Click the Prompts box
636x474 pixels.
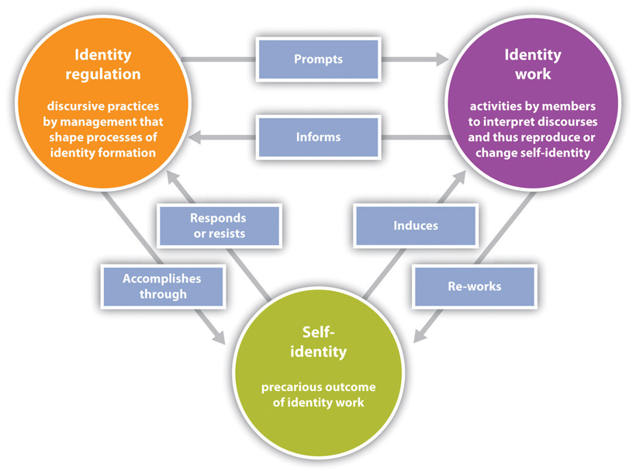[319, 59]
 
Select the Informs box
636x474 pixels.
[319, 137]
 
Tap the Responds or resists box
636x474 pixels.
[219, 226]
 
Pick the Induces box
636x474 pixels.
[416, 226]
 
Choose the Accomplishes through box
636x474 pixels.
[163, 286]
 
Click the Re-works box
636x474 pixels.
[475, 286]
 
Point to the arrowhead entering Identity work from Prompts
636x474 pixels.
[443, 59]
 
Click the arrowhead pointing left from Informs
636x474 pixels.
[195, 137]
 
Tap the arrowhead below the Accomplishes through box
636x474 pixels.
[219, 337]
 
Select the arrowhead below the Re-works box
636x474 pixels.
[420, 335]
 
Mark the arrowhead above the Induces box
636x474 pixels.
[459, 178]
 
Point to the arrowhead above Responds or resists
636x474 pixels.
[174, 178]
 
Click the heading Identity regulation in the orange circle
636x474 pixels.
[103, 64]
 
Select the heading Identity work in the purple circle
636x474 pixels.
[533, 64]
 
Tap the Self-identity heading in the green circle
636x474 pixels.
[319, 342]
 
